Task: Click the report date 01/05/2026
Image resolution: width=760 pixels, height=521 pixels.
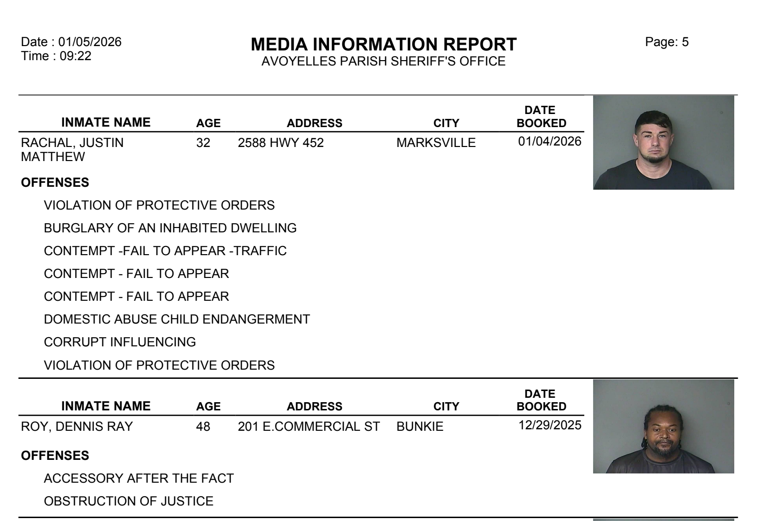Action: pyautogui.click(x=90, y=42)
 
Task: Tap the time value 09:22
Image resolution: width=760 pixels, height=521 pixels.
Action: pyautogui.click(x=75, y=56)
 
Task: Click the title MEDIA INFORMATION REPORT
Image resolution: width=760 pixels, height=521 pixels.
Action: pyautogui.click(x=383, y=45)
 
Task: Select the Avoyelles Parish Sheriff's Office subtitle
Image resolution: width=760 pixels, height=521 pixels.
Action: pyautogui.click(x=383, y=62)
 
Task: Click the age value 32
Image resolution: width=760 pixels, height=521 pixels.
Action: pyautogui.click(x=203, y=143)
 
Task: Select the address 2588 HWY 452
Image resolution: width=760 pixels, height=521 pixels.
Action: pyautogui.click(x=281, y=143)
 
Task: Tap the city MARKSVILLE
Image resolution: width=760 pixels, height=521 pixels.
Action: pyautogui.click(x=436, y=143)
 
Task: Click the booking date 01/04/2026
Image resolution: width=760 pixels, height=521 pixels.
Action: pyautogui.click(x=549, y=141)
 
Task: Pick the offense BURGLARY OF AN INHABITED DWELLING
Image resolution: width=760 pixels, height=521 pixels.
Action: pyautogui.click(x=170, y=228)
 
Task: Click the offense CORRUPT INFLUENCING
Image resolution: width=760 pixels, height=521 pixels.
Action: pyautogui.click(x=120, y=342)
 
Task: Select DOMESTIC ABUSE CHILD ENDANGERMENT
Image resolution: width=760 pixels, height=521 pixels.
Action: pyautogui.click(x=177, y=320)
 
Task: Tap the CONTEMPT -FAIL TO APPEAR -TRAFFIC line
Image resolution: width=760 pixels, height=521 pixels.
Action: pyautogui.click(x=165, y=251)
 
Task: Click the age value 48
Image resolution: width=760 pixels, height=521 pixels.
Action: pyautogui.click(x=203, y=427)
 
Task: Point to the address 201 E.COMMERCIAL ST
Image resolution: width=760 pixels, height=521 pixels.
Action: pyautogui.click(x=309, y=427)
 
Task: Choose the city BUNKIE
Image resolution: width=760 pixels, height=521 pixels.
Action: pyautogui.click(x=420, y=427)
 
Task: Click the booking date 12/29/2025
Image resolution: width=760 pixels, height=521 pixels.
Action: pyautogui.click(x=549, y=425)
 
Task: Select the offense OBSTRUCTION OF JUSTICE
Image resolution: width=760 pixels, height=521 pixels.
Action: pyautogui.click(x=129, y=502)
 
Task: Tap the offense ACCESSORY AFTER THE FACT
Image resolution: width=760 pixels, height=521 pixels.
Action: pyautogui.click(x=139, y=479)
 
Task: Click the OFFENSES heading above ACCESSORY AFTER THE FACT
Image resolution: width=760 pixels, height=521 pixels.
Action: pyautogui.click(x=55, y=456)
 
